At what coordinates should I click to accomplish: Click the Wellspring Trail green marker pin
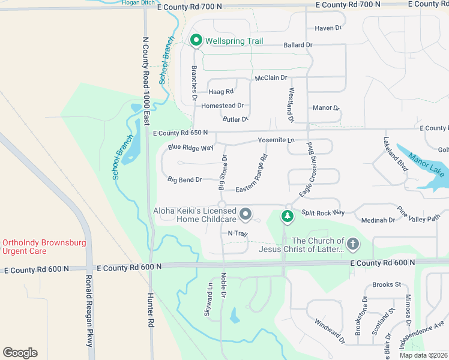pyautogui.click(x=196, y=41)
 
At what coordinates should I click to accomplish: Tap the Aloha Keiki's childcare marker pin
pyautogui.click(x=245, y=214)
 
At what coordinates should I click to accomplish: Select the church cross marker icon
pyautogui.click(x=352, y=244)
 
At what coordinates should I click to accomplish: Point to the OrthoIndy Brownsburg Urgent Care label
pyautogui.click(x=44, y=247)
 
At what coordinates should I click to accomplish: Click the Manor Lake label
pyautogui.click(x=428, y=167)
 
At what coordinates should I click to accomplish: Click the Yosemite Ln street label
pyautogui.click(x=277, y=140)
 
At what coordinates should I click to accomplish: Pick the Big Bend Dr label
pyautogui.click(x=185, y=179)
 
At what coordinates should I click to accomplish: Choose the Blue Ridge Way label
pyautogui.click(x=191, y=148)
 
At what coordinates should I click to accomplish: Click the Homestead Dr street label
pyautogui.click(x=222, y=106)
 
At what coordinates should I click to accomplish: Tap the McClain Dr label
pyautogui.click(x=271, y=78)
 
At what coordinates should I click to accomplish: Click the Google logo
pyautogui.click(x=20, y=353)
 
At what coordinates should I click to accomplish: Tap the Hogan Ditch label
pyautogui.click(x=139, y=3)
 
